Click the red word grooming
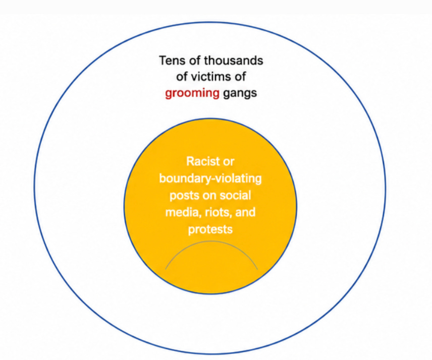[192, 94]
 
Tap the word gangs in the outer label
[240, 94]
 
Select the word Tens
[173, 61]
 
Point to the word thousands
[233, 61]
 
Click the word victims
[211, 77]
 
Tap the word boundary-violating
[210, 179]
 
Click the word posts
[184, 196]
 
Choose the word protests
[210, 229]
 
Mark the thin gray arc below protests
[211, 242]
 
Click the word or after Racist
[229, 162]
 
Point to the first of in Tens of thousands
[195, 61]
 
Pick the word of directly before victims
[182, 77]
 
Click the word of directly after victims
[240, 77]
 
